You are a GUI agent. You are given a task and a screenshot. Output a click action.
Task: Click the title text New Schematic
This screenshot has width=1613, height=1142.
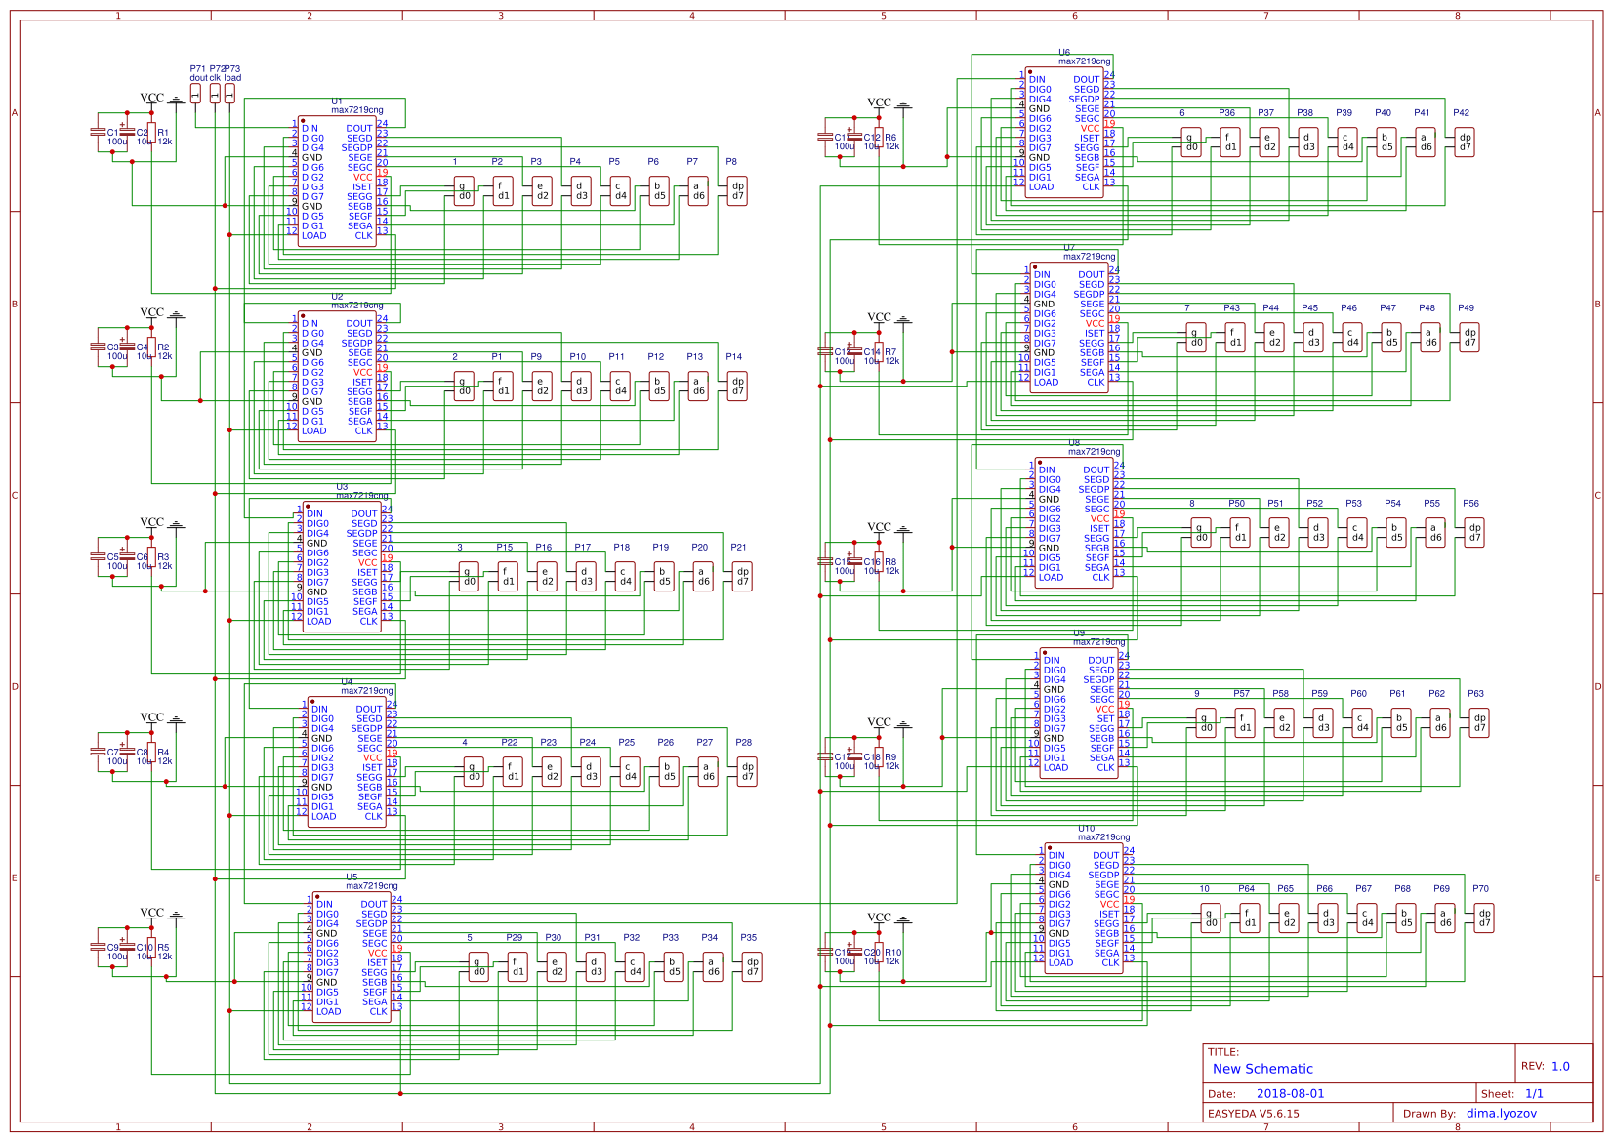(x=1261, y=1069)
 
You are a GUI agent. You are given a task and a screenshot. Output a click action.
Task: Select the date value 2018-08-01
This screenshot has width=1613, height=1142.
(x=1290, y=1094)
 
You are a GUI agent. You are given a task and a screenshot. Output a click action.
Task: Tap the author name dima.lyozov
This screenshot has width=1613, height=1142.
(x=1501, y=1113)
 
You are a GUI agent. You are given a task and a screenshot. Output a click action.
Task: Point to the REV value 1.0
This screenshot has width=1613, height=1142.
(x=1560, y=1066)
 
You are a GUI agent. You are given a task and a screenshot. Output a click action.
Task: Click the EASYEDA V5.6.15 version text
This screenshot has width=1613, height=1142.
(x=1253, y=1113)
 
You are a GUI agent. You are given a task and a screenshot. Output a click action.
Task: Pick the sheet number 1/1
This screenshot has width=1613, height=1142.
(x=1534, y=1094)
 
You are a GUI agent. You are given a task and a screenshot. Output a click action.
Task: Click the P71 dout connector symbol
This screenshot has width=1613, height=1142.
(x=195, y=94)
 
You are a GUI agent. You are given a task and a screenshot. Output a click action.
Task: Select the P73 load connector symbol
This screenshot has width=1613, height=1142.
(x=229, y=94)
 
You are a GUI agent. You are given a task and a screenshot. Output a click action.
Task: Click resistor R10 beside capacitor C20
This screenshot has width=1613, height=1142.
(x=879, y=953)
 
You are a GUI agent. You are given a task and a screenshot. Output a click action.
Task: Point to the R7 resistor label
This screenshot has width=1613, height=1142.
(x=890, y=352)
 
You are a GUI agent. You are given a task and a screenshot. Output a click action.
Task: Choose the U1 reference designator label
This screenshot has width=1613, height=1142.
(x=337, y=102)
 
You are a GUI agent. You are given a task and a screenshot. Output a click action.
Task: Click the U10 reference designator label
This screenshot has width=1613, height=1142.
(x=1086, y=829)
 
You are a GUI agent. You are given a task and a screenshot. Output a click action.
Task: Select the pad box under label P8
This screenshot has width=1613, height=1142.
(x=737, y=190)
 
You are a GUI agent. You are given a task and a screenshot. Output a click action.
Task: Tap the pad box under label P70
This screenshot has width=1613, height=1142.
(x=1484, y=918)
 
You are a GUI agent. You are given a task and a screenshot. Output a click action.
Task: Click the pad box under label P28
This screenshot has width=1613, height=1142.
(x=747, y=771)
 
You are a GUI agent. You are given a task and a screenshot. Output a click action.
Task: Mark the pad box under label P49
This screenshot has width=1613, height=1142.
(x=1469, y=337)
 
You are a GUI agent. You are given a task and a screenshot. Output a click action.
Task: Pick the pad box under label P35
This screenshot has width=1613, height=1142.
(x=752, y=966)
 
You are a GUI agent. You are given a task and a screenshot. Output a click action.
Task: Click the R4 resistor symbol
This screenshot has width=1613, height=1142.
(x=151, y=753)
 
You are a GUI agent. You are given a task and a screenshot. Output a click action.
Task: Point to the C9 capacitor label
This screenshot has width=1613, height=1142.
(x=112, y=947)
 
